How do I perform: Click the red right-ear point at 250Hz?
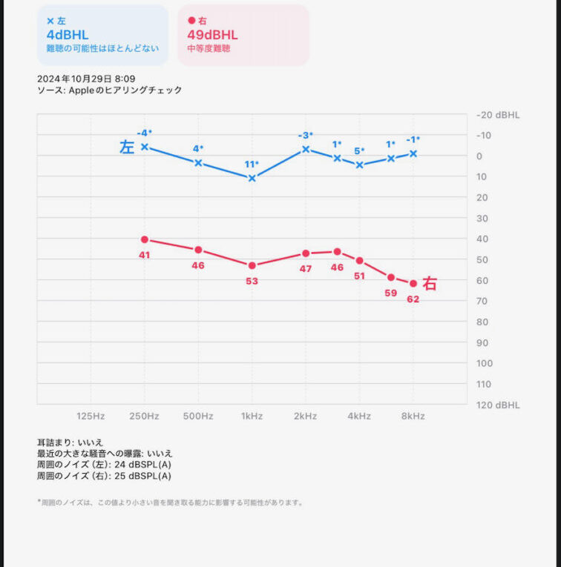(145, 239)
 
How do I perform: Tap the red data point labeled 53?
(252, 265)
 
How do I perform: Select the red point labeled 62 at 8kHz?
(413, 283)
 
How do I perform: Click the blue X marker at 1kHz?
(252, 178)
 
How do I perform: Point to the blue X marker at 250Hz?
(145, 147)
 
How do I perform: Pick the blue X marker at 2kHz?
(305, 149)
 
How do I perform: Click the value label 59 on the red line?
(391, 292)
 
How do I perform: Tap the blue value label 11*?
(252, 164)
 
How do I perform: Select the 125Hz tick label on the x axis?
(91, 416)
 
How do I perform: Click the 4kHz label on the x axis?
(359, 416)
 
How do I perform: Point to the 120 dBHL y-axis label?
(497, 405)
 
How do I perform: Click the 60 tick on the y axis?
(482, 280)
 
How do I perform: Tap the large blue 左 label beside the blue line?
(127, 147)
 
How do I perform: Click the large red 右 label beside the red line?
(430, 283)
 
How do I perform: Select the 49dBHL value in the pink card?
(212, 35)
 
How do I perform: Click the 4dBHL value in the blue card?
(68, 35)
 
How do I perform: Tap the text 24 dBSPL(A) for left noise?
(145, 465)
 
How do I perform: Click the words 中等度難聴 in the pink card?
(208, 49)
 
